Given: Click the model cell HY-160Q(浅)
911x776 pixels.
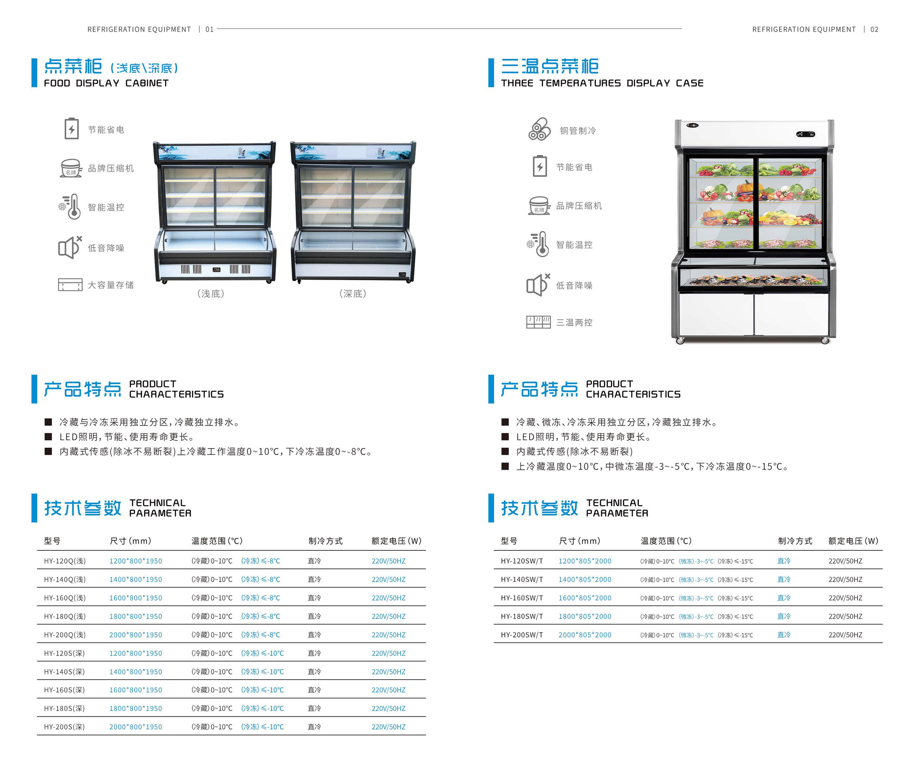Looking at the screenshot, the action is (65, 598).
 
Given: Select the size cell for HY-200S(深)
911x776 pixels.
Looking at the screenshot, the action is (135, 727).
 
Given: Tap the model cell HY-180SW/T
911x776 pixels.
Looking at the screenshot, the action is (522, 616).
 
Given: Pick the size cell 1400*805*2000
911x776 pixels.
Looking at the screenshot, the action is (585, 579).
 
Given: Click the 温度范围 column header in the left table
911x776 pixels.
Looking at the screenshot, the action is (217, 540).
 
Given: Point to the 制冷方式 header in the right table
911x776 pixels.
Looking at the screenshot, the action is (795, 540).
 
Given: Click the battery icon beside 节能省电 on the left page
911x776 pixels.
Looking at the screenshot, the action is (71, 128).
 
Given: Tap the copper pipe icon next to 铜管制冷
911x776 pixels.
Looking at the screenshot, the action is (539, 129).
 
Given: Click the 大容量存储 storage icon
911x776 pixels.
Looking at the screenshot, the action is (70, 285).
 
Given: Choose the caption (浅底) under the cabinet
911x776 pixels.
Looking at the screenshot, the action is (210, 293).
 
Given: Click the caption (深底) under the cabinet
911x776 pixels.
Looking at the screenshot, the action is (353, 293).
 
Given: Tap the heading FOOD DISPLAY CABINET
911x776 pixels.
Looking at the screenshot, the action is (106, 83).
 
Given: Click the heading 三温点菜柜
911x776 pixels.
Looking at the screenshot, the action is (549, 66).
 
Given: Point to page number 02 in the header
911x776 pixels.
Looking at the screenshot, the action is (874, 29).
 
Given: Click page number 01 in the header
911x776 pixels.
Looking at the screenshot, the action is (209, 29).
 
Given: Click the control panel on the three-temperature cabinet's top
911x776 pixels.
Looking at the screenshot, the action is (805, 134).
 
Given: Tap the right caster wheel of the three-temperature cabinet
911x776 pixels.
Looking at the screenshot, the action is (825, 340).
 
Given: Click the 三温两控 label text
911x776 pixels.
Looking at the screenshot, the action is (574, 322).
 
